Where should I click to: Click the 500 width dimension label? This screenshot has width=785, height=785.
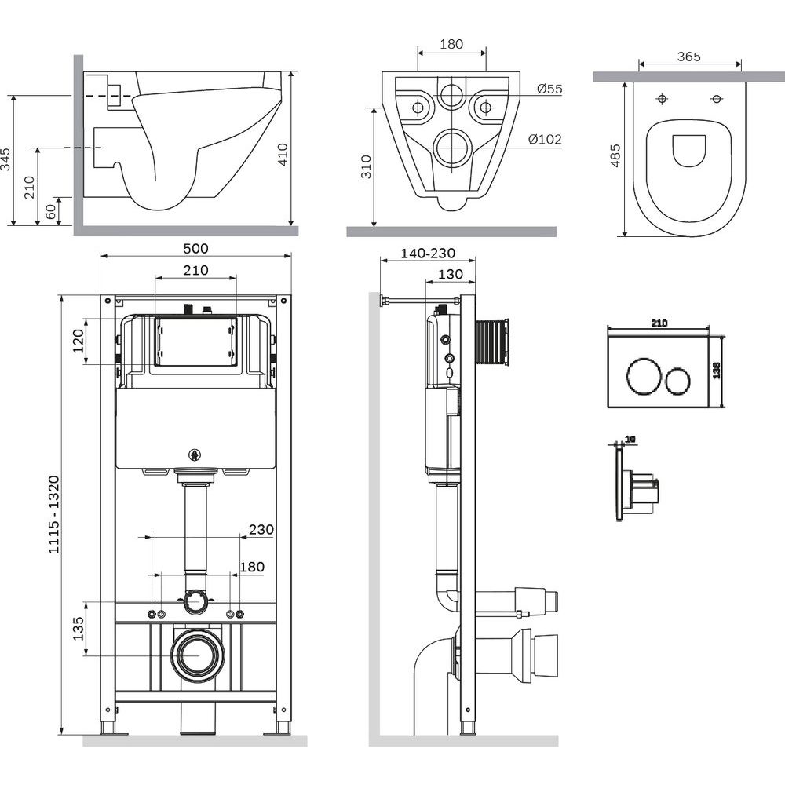tap(195, 249)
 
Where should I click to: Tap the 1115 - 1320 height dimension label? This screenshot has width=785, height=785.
tap(53, 514)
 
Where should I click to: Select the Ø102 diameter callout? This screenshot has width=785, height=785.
tap(545, 140)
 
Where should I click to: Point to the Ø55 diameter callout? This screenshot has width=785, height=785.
tap(549, 89)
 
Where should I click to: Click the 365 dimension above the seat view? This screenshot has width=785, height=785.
tap(688, 57)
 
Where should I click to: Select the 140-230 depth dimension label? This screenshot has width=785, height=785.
tap(427, 254)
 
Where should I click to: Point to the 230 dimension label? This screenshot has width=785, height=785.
tap(261, 530)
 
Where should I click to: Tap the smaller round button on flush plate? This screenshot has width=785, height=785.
tap(677, 382)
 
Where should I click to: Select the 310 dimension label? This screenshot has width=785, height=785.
tap(367, 166)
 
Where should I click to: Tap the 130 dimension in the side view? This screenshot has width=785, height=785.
tap(449, 274)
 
